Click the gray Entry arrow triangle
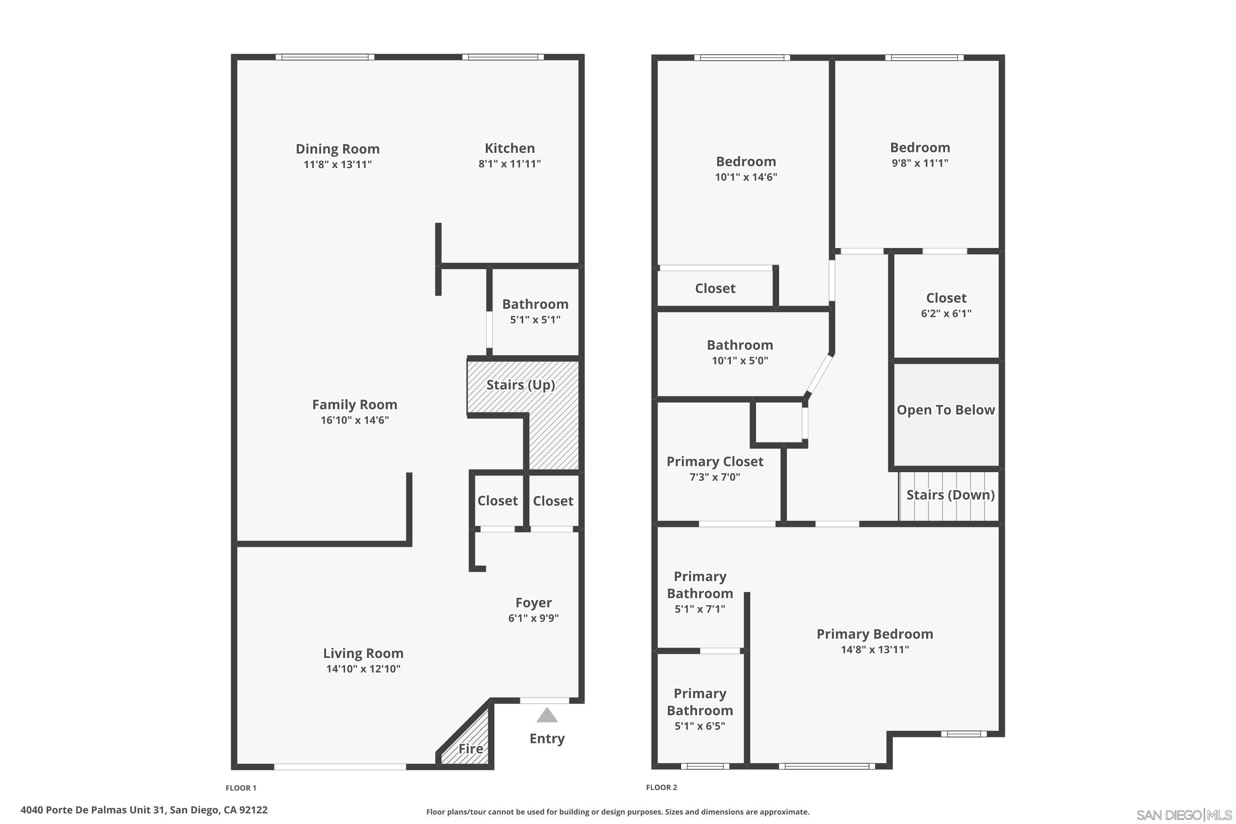click(x=547, y=715)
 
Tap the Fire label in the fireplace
click(x=471, y=748)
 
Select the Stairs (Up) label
click(x=520, y=385)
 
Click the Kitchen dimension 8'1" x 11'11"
click(x=509, y=164)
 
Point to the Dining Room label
click(x=337, y=149)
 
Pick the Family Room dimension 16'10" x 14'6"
click(x=355, y=420)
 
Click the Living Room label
click(x=363, y=653)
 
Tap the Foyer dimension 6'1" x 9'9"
click(x=534, y=618)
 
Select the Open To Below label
click(x=946, y=410)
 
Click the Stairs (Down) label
click(x=950, y=494)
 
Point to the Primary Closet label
click(x=715, y=461)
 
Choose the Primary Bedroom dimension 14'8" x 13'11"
click(x=874, y=649)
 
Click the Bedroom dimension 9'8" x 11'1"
click(x=920, y=163)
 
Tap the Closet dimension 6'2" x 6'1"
click(x=946, y=313)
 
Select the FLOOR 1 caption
click(x=241, y=788)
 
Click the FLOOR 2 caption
click(x=661, y=787)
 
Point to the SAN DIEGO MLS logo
click(x=1184, y=815)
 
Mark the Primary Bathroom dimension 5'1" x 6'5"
click(x=700, y=726)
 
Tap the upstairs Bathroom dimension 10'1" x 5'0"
click(x=740, y=360)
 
